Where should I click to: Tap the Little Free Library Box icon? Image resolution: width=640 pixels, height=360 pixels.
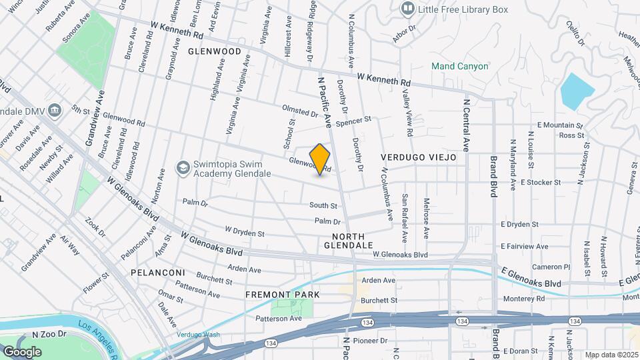click(407, 9)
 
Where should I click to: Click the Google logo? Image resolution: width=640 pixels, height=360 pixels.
click(22, 351)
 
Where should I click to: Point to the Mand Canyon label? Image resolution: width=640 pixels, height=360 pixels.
click(460, 66)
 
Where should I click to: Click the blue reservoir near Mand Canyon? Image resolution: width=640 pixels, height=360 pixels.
click(577, 91)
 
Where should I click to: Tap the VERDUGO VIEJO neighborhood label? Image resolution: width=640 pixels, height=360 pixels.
click(418, 157)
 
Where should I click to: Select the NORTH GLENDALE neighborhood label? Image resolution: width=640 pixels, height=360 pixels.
click(349, 241)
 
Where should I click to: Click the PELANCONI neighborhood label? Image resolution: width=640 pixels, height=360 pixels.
click(157, 273)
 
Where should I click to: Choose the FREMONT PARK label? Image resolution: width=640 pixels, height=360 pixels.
click(283, 294)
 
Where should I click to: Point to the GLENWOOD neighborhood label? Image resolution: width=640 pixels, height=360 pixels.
click(214, 51)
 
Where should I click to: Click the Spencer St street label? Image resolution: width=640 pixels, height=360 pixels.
click(353, 122)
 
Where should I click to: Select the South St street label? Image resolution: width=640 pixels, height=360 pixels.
click(323, 205)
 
